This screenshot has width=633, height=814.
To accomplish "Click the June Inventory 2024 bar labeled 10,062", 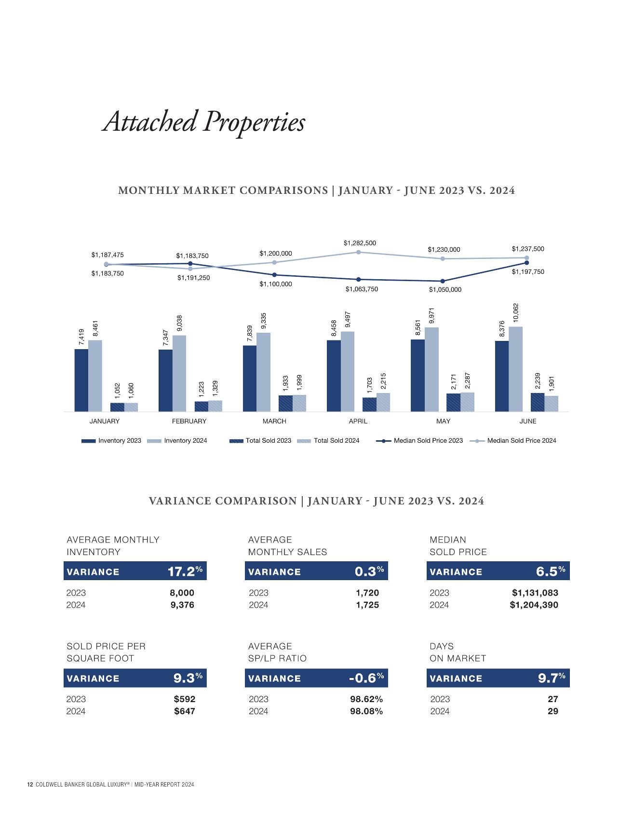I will pos(515,369).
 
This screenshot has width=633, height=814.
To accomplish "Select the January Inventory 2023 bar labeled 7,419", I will pos(81,380).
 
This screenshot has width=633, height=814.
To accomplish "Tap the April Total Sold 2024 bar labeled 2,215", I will pos(383,402).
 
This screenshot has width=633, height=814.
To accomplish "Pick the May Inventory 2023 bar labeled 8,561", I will pos(418,375).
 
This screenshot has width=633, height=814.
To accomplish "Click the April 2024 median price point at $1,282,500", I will pos(358,252).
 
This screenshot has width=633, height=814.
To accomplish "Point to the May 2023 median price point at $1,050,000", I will pos(443,281).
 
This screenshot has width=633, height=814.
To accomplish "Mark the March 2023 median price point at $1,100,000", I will pos(274,275).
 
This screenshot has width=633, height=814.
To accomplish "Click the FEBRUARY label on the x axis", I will pos(189,421).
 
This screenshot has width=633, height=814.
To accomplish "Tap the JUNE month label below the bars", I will pos(527,421).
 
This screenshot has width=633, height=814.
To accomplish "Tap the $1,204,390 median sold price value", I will pos(534,605).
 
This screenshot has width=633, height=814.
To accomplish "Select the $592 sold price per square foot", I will pos(184,699).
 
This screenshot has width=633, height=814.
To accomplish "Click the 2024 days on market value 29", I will pos(553,711).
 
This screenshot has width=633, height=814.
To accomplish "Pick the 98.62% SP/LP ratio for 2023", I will pos(366,699).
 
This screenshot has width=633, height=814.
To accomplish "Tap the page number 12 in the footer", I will pos(29,785).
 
